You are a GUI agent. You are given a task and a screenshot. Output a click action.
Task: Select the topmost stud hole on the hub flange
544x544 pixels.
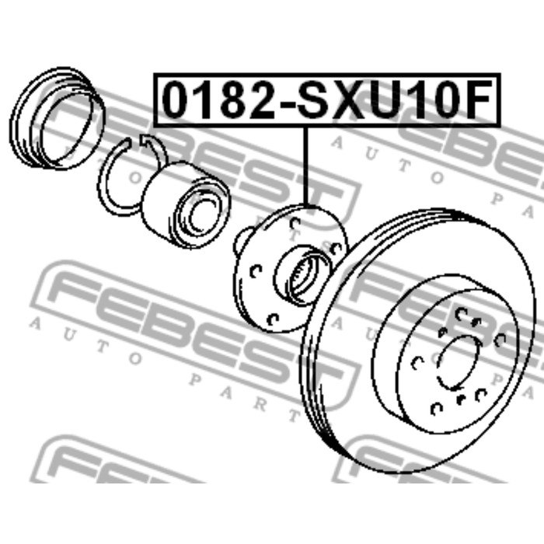[295, 223]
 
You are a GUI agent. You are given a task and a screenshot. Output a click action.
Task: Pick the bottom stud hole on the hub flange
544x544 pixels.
[273, 319]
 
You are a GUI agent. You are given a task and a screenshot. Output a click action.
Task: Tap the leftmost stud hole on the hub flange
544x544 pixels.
[256, 271]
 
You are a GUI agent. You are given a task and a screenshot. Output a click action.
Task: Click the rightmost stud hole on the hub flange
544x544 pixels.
[337, 248]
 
